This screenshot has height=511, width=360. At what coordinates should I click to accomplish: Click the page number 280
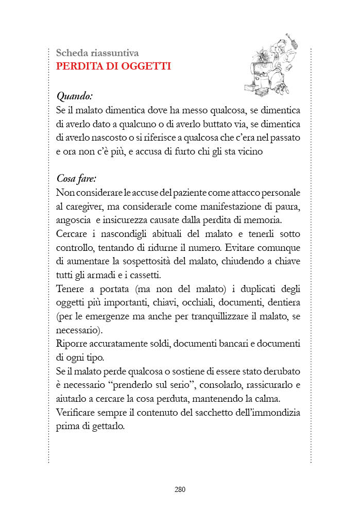180,489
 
